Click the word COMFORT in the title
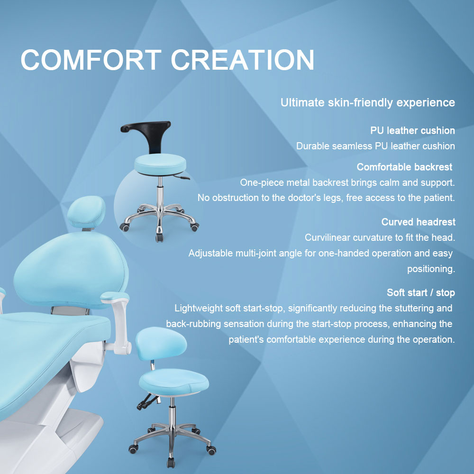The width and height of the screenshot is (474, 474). point(91,60)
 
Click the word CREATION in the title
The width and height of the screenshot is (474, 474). point(243,60)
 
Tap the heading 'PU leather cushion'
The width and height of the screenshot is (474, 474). point(412,131)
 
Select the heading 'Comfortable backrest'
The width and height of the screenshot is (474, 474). point(404,167)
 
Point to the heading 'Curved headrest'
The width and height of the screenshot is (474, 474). point(419,222)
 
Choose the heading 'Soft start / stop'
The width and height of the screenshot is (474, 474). point(421,292)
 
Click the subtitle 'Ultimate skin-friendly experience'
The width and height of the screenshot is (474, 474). point(368,103)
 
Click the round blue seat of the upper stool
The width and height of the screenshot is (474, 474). point(160,164)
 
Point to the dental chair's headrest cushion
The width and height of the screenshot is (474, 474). point(86,211)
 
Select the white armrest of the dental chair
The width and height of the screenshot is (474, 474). point(118,320)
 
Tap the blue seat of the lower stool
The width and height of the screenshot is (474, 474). point(173,382)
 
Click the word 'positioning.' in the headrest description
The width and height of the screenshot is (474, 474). point(431,269)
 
